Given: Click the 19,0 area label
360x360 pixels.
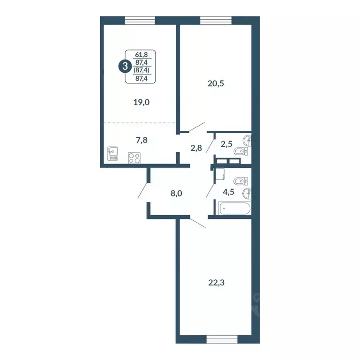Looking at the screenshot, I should pyautogui.click(x=141, y=102).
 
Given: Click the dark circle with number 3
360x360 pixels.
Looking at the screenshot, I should pyautogui.click(x=124, y=67).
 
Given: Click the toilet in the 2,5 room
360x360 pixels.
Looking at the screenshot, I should pyautogui.click(x=240, y=151).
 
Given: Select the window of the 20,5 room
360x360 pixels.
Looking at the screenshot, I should pyautogui.click(x=214, y=20).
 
